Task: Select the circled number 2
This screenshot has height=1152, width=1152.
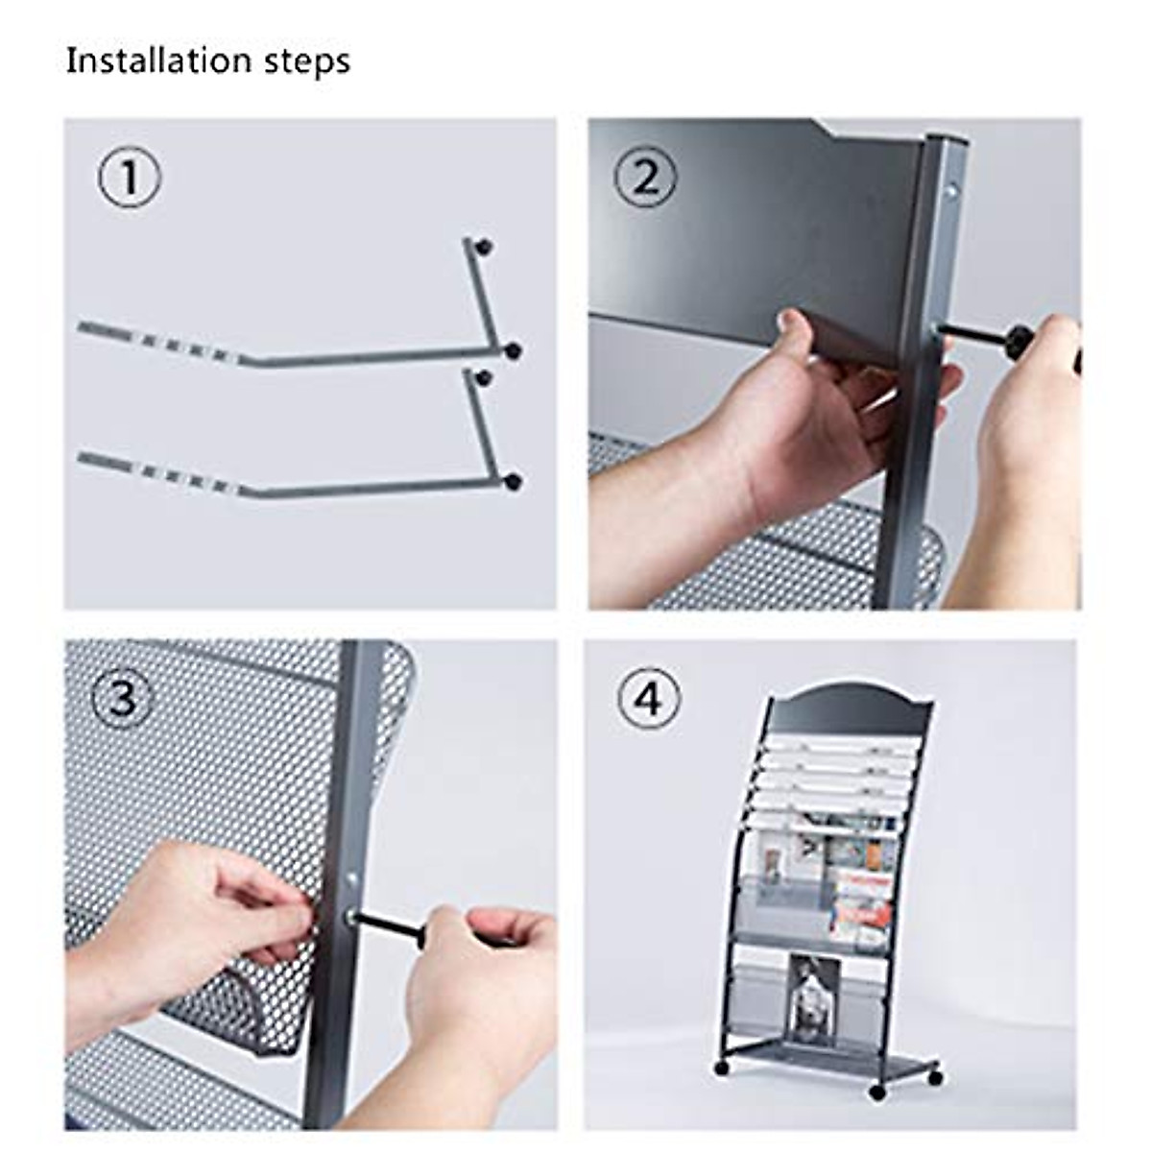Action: click(x=645, y=178)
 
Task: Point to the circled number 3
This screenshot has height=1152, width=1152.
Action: click(x=123, y=699)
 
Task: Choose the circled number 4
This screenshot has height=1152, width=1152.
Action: click(x=649, y=699)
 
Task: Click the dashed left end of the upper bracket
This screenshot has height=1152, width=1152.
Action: click(x=154, y=342)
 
